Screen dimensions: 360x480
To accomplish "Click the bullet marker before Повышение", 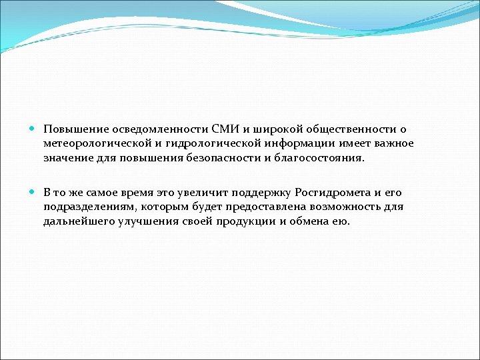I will pyautogui.click(x=34, y=129).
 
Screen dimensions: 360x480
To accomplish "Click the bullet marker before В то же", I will pyautogui.click(x=34, y=192).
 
